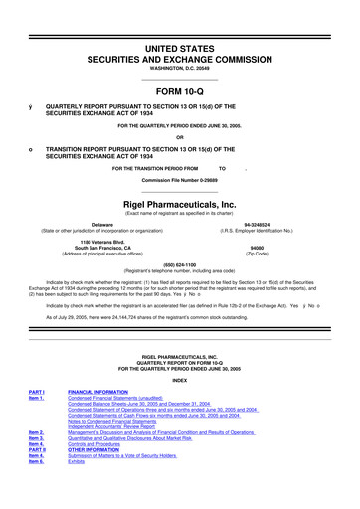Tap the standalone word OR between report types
179,136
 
